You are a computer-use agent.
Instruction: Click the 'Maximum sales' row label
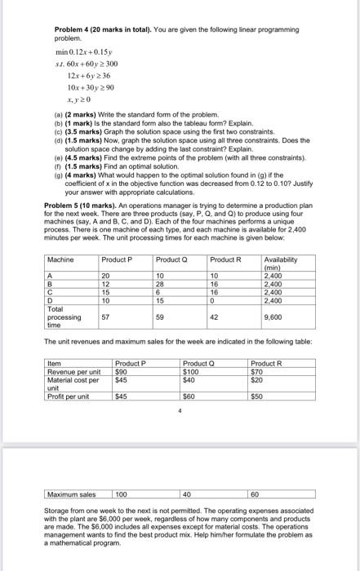pyautogui.click(x=73, y=494)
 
